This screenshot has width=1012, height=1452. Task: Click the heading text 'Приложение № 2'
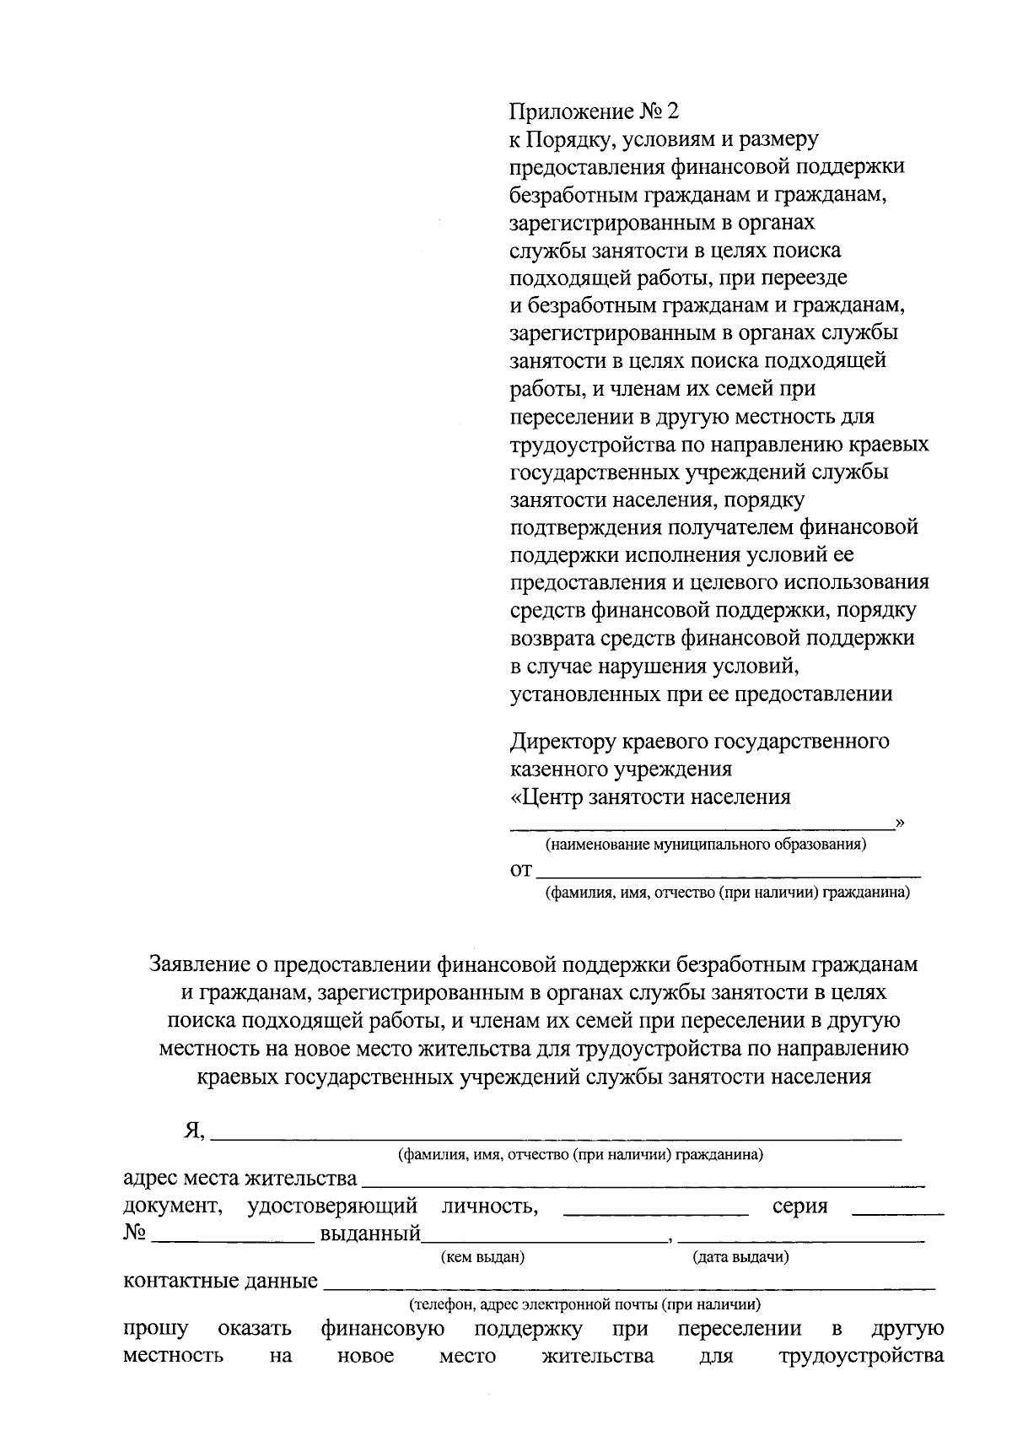(594, 111)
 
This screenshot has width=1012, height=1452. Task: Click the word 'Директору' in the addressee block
(563, 742)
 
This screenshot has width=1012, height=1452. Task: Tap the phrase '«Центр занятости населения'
(650, 797)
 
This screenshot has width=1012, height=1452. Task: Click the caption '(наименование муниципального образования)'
(706, 844)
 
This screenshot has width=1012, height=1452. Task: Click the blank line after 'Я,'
(557, 1136)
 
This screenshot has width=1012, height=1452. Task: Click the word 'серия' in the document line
(799, 1206)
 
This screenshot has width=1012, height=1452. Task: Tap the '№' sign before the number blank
(135, 1233)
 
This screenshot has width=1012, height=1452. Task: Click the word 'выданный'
(369, 1235)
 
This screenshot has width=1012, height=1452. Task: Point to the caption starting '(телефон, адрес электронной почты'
(584, 1305)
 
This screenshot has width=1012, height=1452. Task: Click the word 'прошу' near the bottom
(155, 1330)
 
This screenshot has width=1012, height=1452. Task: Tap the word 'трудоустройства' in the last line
(860, 1357)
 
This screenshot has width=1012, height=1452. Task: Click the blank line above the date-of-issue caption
(801, 1239)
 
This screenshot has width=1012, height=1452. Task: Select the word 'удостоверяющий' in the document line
(332, 1206)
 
